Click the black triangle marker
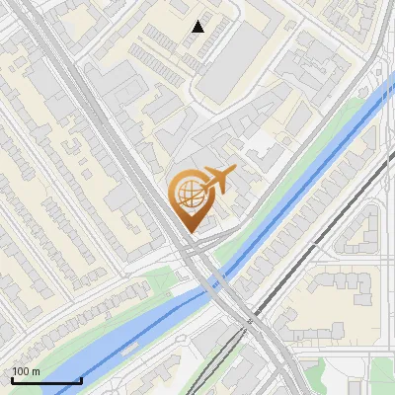(198, 28)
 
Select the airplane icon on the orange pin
(218, 179)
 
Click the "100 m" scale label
(26, 371)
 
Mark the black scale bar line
(46, 380)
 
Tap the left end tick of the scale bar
(13, 378)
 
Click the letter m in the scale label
(36, 371)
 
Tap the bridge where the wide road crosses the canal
(221, 287)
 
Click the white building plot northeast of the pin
(260, 143)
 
